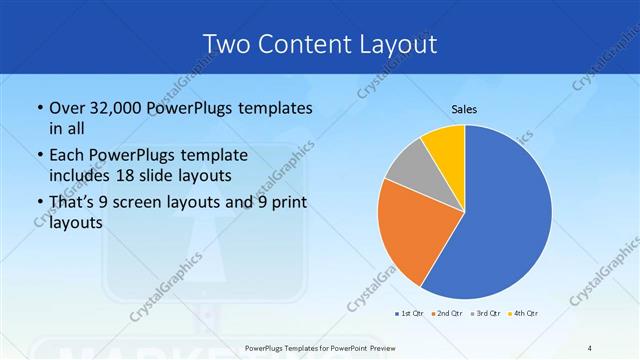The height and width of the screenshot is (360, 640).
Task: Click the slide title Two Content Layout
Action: click(x=319, y=44)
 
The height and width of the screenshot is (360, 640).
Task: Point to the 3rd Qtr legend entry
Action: click(x=486, y=313)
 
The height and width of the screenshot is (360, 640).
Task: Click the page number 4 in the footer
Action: click(x=590, y=347)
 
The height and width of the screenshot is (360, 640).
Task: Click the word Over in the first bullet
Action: click(x=68, y=108)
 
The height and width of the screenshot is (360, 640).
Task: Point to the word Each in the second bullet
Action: click(x=67, y=155)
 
